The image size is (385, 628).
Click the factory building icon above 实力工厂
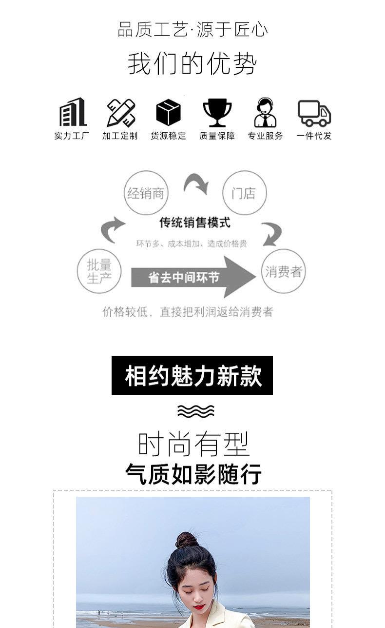(x=73, y=112)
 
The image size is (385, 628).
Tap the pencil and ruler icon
(x=121, y=113)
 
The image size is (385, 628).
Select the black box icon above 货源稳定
(x=168, y=112)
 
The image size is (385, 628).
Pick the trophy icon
(x=217, y=112)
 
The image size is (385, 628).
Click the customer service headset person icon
(x=265, y=113)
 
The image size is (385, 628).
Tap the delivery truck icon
(x=314, y=113)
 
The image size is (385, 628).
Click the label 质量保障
(x=217, y=136)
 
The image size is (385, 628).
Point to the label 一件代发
(x=314, y=136)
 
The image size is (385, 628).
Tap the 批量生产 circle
(x=99, y=271)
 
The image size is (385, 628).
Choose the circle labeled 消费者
(x=283, y=271)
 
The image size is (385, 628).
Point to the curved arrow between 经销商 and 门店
(x=196, y=184)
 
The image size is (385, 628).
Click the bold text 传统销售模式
(x=194, y=223)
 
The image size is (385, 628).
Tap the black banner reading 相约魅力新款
(x=192, y=375)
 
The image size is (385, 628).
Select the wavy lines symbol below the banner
(x=195, y=411)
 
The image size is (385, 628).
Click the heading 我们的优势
(x=192, y=63)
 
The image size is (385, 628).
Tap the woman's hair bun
(x=187, y=540)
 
